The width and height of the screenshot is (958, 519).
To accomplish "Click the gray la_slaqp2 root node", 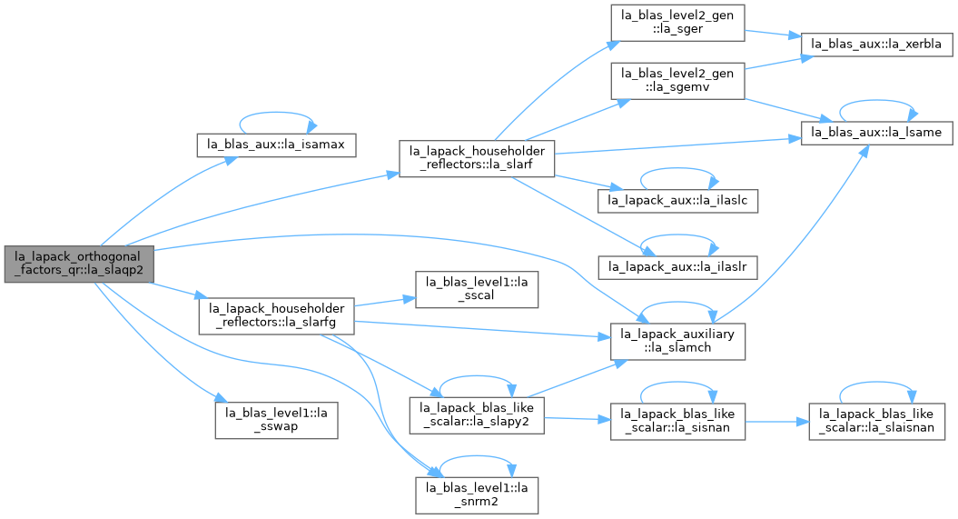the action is click(x=79, y=264).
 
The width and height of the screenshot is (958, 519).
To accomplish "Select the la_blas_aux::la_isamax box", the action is click(x=276, y=145).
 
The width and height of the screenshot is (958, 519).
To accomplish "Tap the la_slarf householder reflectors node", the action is click(x=477, y=158).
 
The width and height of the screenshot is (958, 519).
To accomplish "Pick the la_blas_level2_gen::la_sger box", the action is click(x=677, y=23).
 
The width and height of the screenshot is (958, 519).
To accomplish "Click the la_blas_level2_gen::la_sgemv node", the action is click(x=677, y=81).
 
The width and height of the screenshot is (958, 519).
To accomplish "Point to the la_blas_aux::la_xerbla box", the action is click(x=876, y=44).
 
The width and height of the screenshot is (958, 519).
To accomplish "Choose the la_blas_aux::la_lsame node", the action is click(x=876, y=133).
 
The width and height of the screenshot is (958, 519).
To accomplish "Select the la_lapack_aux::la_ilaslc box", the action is click(x=677, y=201).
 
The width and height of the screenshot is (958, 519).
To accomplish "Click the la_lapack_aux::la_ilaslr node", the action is click(x=677, y=267).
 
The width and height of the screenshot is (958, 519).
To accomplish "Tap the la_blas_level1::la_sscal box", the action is click(x=477, y=289).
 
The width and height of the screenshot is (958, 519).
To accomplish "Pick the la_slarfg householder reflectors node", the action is click(x=276, y=315).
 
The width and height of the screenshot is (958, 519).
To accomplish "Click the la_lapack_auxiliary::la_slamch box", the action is click(x=677, y=341).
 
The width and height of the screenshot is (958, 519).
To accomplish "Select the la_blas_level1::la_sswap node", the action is click(x=276, y=420).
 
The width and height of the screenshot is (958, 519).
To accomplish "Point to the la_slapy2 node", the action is click(x=477, y=415).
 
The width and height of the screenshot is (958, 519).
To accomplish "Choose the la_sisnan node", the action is click(x=677, y=421).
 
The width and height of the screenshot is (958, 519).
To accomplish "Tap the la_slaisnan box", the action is click(x=877, y=421).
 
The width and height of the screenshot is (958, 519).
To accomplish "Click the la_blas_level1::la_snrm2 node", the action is click(x=477, y=495).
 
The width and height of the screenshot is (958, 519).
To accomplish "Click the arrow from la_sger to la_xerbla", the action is click(x=773, y=34).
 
